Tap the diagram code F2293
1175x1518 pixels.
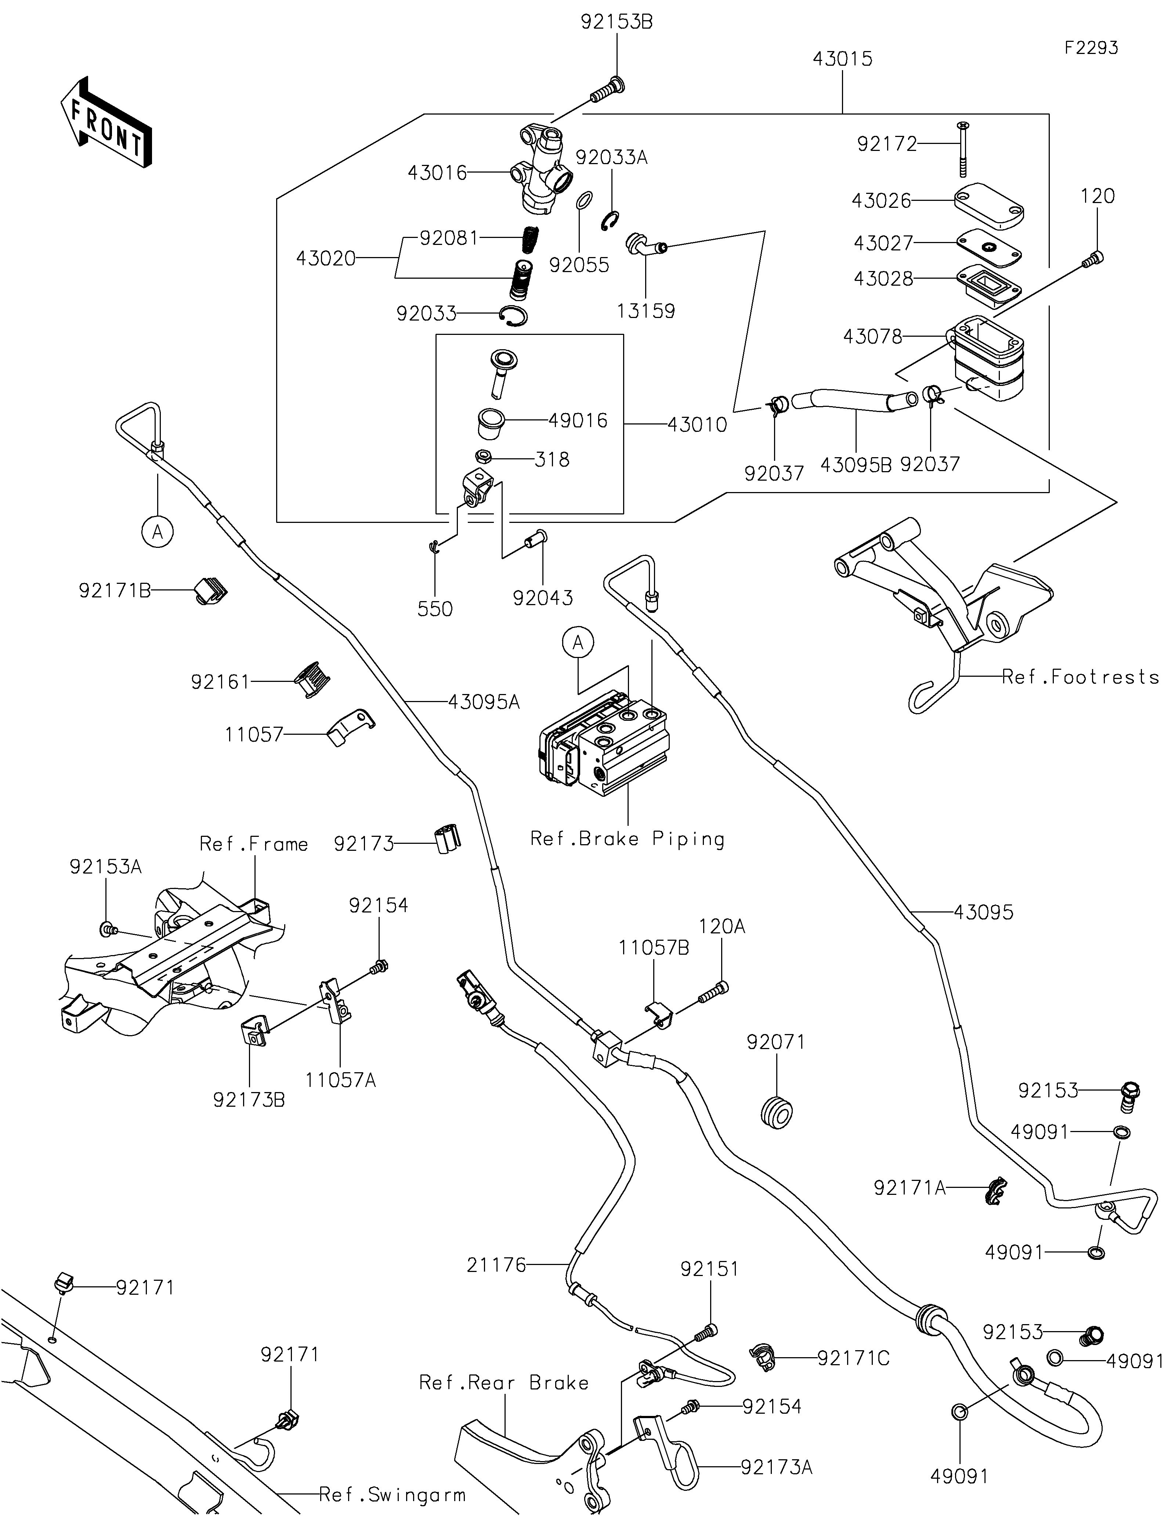[x=1091, y=48]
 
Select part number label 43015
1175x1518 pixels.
[x=842, y=59]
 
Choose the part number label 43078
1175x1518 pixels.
[x=873, y=336]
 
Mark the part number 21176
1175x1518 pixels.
[x=496, y=1265]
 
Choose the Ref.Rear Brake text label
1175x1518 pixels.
[x=504, y=1383]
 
